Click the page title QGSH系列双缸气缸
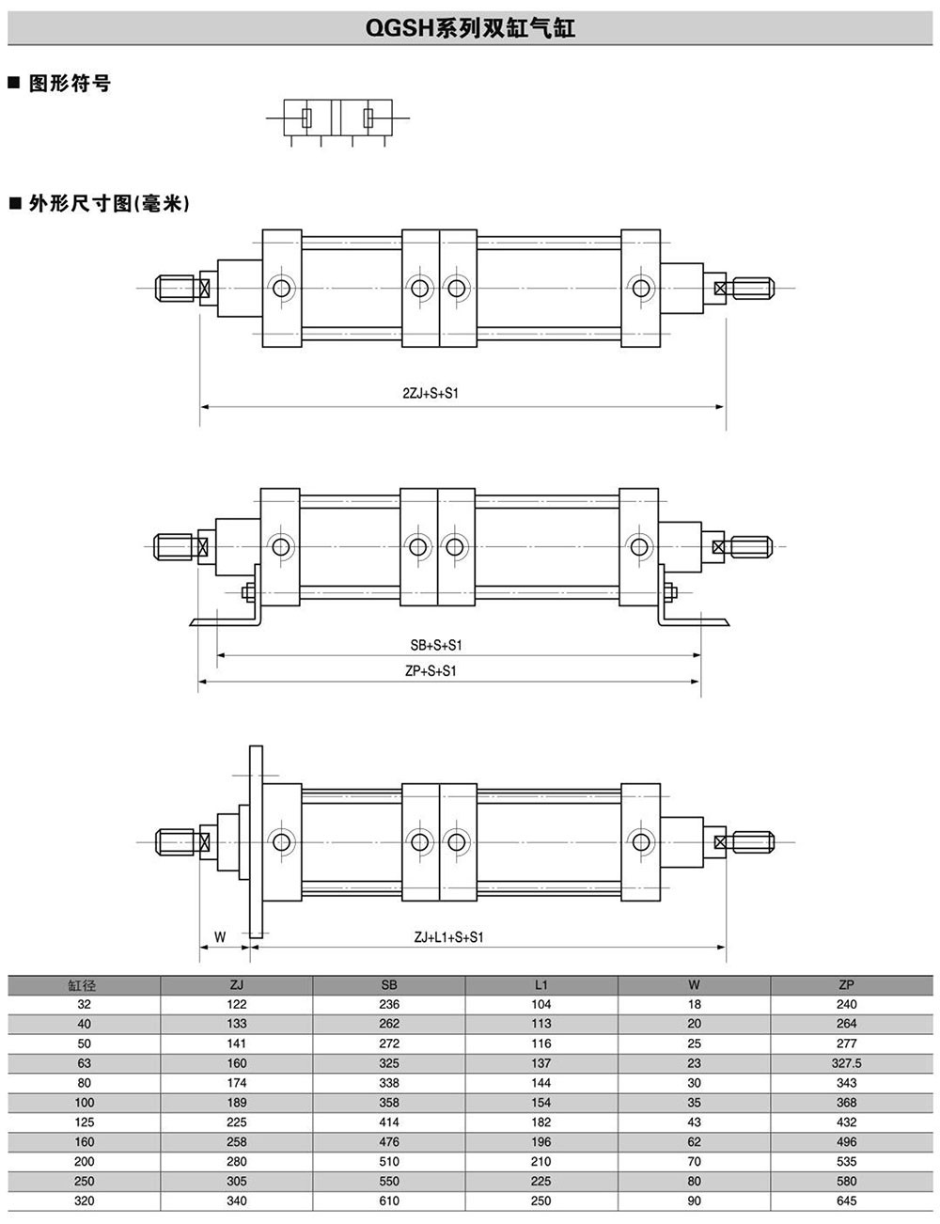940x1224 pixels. click(x=469, y=28)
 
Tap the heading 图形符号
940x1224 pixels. click(x=69, y=84)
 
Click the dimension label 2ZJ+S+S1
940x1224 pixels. click(x=430, y=394)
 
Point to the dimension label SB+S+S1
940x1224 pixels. click(x=436, y=645)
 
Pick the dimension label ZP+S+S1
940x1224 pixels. click(x=430, y=671)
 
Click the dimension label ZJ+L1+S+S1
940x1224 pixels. click(x=448, y=937)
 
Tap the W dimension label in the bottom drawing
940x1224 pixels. click(x=220, y=937)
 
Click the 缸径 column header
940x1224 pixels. click(x=84, y=985)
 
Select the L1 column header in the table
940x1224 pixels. click(x=540, y=985)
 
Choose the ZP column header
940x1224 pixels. click(x=846, y=985)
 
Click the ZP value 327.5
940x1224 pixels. click(x=846, y=1063)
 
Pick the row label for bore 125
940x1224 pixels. click(x=84, y=1122)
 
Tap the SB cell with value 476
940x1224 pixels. click(x=389, y=1142)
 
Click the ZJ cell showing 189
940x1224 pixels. click(x=237, y=1103)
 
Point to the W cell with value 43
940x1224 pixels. click(x=694, y=1122)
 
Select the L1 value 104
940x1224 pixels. click(x=540, y=1005)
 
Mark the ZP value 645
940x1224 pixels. click(x=846, y=1200)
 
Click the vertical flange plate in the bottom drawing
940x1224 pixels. click(x=256, y=841)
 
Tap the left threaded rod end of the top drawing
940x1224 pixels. click(x=176, y=287)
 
